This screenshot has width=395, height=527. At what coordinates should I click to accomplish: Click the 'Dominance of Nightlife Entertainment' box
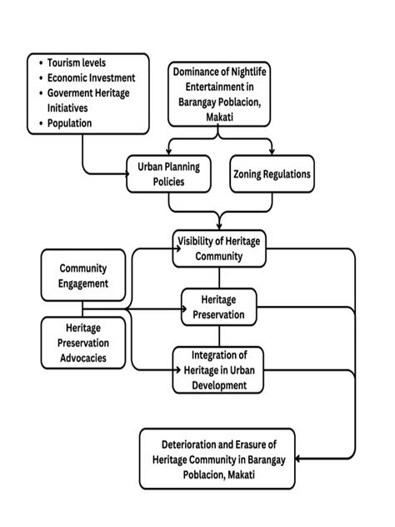218,94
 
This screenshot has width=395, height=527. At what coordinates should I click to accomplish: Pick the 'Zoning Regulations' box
271,174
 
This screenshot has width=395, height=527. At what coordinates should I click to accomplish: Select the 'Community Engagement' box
83,276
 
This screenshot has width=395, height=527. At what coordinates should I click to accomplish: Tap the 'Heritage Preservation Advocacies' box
83,343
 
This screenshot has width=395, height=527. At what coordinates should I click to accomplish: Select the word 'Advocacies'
83,358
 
